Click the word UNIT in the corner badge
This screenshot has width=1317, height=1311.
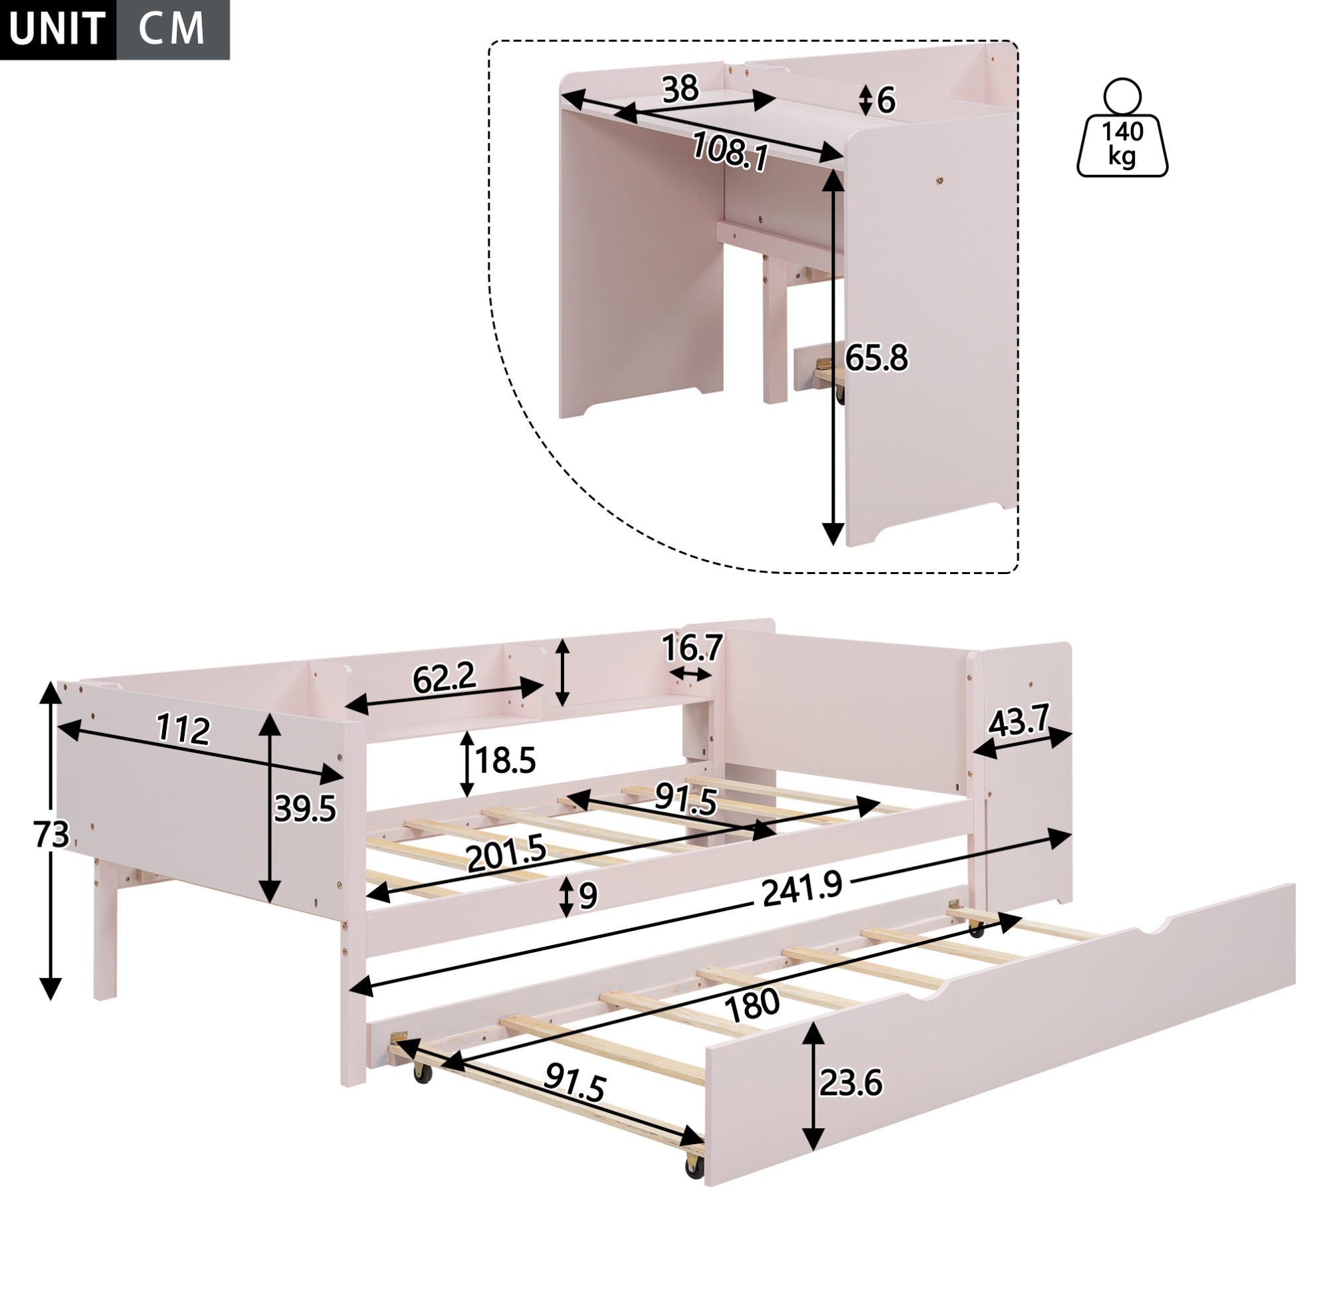point(57,29)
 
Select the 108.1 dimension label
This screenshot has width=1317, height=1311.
point(730,150)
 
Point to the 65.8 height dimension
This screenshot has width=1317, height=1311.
point(876,358)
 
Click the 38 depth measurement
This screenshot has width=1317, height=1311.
point(680,89)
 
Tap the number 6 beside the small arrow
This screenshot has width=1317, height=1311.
point(886,101)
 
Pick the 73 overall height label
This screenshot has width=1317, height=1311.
point(52,835)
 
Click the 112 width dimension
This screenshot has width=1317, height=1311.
point(183,730)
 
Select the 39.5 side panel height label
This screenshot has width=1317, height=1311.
point(306,809)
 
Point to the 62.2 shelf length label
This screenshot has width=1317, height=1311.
point(445,678)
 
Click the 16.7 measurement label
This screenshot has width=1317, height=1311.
point(692,648)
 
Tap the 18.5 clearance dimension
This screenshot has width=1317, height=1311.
point(505,760)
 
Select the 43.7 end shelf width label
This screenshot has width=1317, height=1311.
point(1019,722)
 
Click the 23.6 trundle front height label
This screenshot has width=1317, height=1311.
point(851,1083)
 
